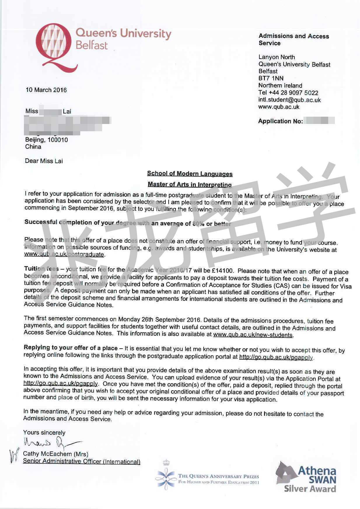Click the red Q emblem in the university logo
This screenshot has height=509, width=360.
tap(55, 47)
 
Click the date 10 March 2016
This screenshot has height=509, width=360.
tap(46, 90)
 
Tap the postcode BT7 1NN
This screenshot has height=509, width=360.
tap(271, 78)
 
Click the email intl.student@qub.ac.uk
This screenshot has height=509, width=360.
tap(289, 100)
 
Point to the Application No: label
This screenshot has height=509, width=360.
tap(280, 121)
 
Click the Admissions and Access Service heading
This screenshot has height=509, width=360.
tap(293, 39)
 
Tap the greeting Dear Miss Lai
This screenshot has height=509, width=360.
tap(44, 161)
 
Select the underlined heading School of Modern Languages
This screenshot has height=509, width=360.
tap(190, 174)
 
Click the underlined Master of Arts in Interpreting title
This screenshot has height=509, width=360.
tap(190, 184)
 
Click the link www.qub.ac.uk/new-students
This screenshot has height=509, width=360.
tap(253, 335)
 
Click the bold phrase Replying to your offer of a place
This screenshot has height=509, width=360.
tap(71, 348)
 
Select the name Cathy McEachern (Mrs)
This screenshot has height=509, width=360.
tap(55, 454)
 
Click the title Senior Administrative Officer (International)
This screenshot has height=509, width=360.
tap(82, 461)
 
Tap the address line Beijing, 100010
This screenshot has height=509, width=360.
tap(46, 140)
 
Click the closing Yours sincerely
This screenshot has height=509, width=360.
tap(44, 433)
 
